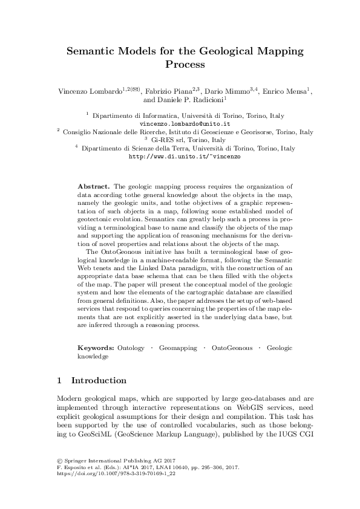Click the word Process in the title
pos(180,64)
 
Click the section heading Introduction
pos(99,381)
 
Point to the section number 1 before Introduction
pos(59,381)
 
